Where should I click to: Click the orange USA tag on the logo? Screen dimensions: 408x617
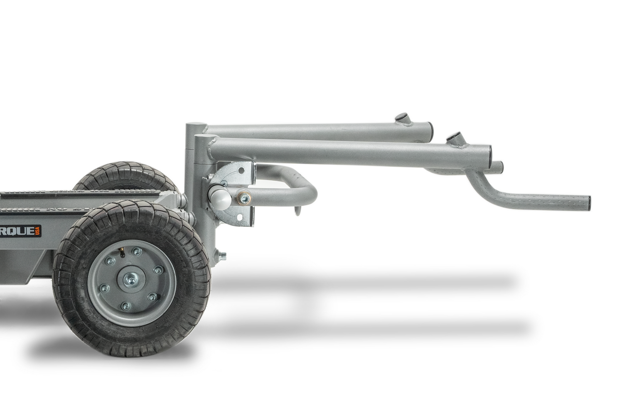(38, 232)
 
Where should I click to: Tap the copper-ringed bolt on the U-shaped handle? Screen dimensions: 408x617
(243, 198)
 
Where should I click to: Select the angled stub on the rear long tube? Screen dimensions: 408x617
(401, 119)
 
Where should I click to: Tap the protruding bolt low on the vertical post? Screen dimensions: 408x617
(223, 255)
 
